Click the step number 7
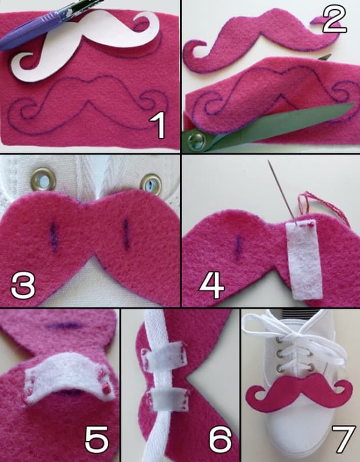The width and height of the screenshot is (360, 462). (x=341, y=439)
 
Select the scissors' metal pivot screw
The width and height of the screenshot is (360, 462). (x=197, y=139)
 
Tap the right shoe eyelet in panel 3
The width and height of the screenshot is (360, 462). (x=151, y=184)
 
